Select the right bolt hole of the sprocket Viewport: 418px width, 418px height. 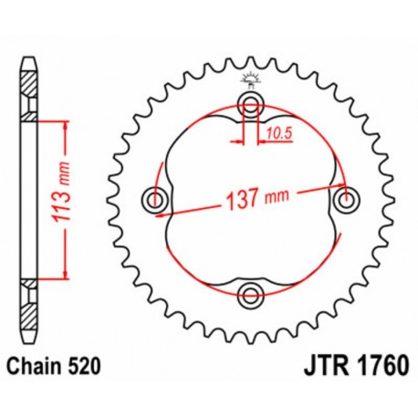pyautogui.click(x=345, y=197)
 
